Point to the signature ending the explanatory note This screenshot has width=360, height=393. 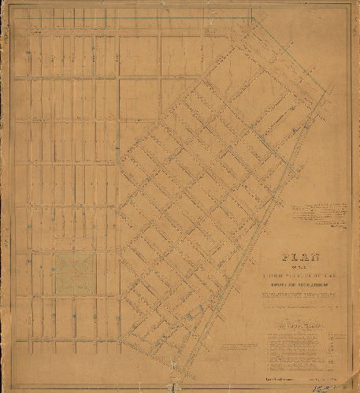click(335, 222)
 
